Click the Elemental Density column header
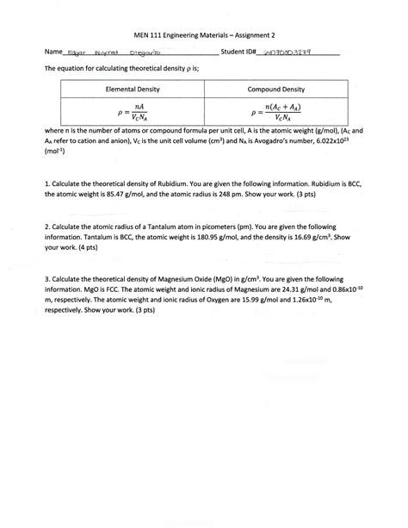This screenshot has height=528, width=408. click(x=128, y=90)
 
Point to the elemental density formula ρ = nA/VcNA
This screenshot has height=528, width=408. click(x=128, y=110)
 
